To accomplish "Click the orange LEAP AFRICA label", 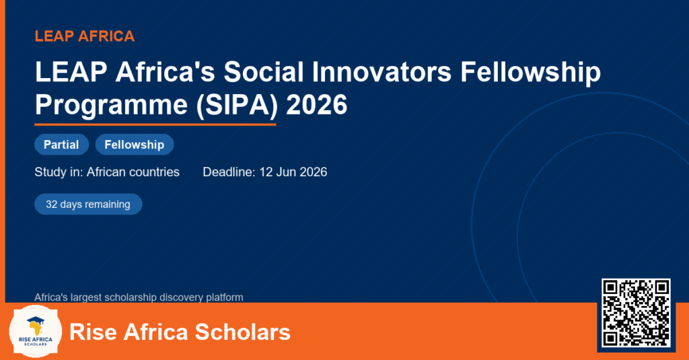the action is [85, 36].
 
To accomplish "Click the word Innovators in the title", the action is [382, 71].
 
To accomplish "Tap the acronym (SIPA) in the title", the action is [237, 104].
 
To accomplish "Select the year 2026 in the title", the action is [316, 104].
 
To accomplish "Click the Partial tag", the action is [61, 145].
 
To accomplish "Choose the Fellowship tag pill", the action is [135, 145].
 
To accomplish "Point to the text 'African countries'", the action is [133, 172].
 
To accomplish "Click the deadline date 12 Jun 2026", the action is [293, 172].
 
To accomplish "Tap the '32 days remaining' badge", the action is [88, 205].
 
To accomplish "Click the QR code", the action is [636, 312].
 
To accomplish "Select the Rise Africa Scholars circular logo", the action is [36, 332].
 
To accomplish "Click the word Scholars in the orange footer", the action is [242, 332].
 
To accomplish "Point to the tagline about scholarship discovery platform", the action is [139, 297].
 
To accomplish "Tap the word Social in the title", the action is [264, 71].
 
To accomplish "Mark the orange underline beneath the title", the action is [155, 125].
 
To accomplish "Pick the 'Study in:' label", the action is [59, 172].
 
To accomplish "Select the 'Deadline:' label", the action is [229, 172].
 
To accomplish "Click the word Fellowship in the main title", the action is [530, 71].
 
